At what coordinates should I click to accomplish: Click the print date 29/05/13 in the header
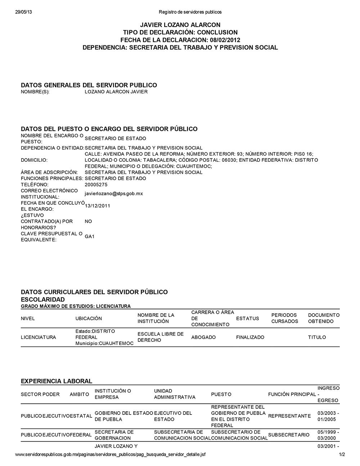point(24,12)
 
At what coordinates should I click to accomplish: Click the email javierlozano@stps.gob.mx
point(113,194)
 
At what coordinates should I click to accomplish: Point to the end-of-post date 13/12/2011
point(98,206)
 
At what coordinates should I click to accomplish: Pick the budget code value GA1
point(89,237)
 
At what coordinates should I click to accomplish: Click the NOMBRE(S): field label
point(35,92)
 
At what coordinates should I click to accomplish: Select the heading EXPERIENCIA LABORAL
point(57,381)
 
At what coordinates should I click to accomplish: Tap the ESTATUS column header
point(247,318)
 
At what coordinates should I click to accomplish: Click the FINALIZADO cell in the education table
point(250,337)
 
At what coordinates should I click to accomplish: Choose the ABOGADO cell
point(203,337)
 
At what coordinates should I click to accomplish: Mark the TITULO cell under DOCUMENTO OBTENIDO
point(317,337)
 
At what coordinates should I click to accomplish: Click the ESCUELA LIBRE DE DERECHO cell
point(161,337)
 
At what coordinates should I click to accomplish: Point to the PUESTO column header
point(221,394)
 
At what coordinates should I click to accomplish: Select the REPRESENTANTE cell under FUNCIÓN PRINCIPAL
point(289,416)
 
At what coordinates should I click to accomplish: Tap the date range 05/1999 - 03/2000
point(328,435)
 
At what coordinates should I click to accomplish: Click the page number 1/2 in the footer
point(342,454)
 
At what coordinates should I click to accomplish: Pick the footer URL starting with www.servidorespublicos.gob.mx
point(111,454)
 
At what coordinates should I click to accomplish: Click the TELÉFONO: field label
point(34,185)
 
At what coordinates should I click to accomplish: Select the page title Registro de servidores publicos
point(190,12)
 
